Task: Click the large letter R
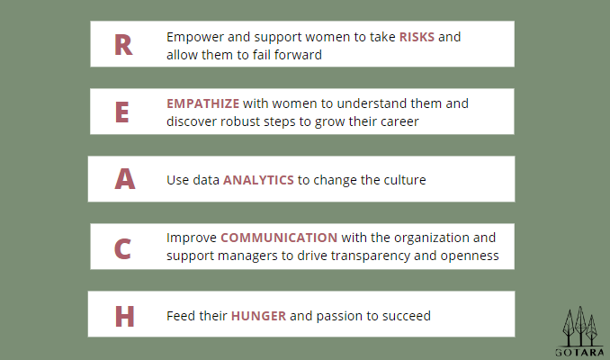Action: point(123,45)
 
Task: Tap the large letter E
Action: point(121,112)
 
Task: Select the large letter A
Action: point(125,179)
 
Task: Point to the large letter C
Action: point(122,248)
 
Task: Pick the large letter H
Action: point(124,316)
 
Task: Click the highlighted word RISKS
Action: point(417,37)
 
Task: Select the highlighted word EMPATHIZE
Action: point(202,103)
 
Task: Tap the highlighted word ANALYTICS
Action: point(258,180)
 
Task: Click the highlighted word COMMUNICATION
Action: point(279,238)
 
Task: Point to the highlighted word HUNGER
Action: point(258,316)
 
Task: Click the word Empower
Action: point(195,38)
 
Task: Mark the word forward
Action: point(298,55)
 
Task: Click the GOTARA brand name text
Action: point(579,353)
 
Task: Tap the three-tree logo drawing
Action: point(580,326)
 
